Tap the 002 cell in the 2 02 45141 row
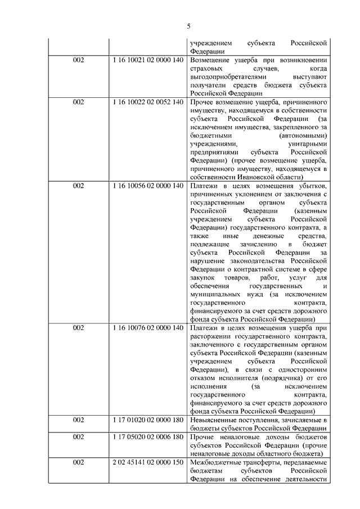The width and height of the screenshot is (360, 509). pos(78,462)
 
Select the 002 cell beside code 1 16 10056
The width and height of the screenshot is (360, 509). pos(78,186)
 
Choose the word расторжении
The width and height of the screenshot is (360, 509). pos(209,336)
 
